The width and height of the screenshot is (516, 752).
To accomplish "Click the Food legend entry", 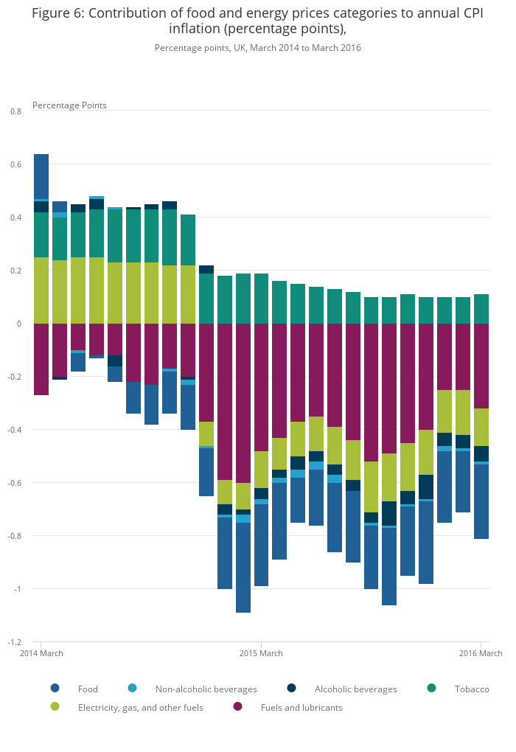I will pos(87,689).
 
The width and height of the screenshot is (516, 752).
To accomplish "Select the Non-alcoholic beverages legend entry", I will pos(206,689).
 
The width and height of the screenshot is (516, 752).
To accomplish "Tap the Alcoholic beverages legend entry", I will pos(355,689).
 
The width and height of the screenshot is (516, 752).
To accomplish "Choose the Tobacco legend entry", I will pos(471,689).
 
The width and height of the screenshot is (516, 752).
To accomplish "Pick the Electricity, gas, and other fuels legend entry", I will pos(140,708).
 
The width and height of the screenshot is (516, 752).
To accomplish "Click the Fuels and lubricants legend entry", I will pos(301,708).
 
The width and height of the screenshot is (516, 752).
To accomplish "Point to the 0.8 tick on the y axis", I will pos(16,111).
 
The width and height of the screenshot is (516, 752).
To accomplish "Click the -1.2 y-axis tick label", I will pos(15,642).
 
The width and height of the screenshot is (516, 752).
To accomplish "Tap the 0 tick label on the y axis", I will pos(20,324).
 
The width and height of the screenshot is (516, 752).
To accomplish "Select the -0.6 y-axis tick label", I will pos(15,483).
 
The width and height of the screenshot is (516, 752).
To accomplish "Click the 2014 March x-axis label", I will pos(41,653).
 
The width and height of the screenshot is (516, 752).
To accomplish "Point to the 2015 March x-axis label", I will pos(261,653).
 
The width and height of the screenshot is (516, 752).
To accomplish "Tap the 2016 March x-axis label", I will pos(481,653).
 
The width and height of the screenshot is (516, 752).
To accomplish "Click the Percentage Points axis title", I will pos(69,105).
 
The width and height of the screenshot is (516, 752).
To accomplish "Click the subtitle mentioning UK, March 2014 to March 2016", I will pos(258,48).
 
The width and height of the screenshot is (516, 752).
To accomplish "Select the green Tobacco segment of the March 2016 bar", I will pos(481,309).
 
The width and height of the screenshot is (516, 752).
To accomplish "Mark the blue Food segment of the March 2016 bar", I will pos(481,501).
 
